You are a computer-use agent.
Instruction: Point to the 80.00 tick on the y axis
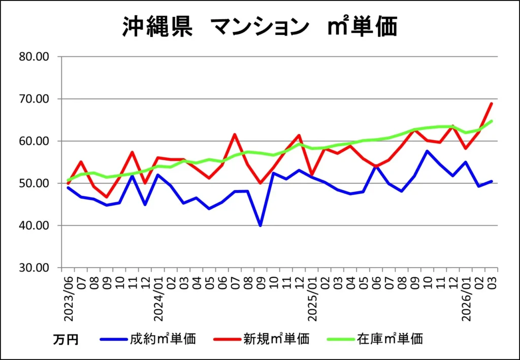coord(34,57)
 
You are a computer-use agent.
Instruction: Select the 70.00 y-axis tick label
coord(34,99)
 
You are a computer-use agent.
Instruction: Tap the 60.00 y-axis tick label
coord(34,141)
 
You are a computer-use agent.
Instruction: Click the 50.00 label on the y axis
coord(34,183)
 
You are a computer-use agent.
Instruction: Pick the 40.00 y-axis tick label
coord(34,225)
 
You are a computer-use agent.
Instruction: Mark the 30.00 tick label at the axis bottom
coord(34,268)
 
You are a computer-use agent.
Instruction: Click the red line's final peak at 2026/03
coord(492,104)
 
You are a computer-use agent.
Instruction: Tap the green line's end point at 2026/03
coord(492,121)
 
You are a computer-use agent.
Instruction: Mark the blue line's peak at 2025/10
coord(428,151)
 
